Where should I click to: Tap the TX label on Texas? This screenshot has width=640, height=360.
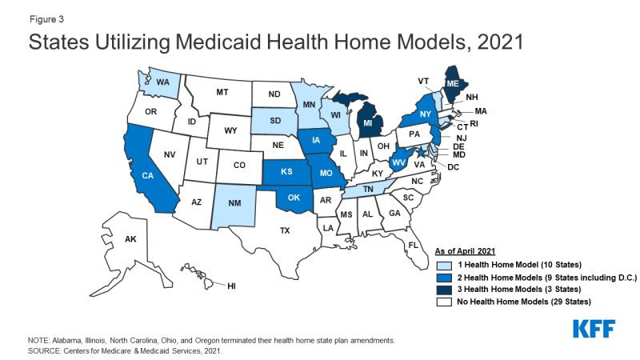(285, 230)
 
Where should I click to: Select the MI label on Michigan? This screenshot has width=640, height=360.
(367, 124)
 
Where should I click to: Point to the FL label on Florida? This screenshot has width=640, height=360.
(413, 244)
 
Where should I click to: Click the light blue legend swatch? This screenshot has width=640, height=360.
(442, 264)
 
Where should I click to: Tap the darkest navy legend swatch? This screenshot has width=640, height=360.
(442, 290)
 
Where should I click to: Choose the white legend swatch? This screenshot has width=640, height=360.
(442, 303)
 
